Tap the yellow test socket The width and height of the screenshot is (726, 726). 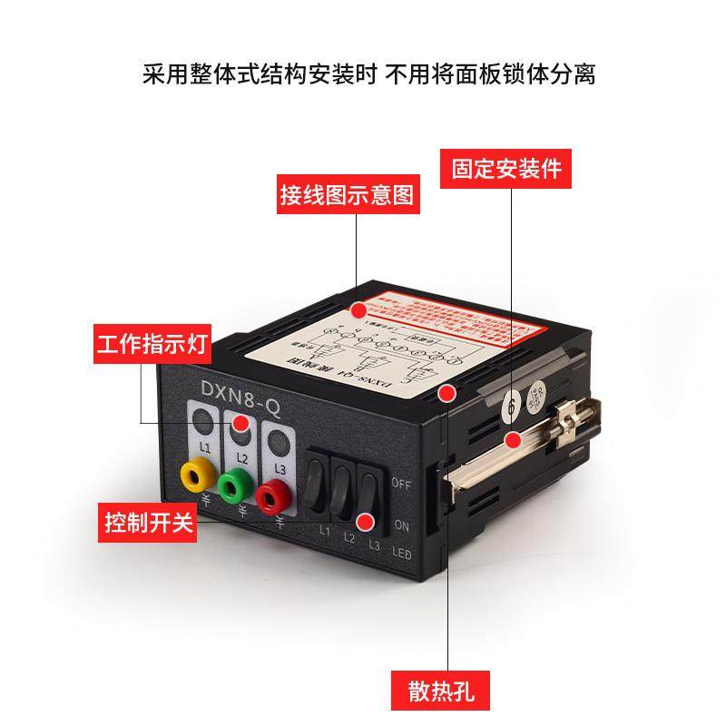tap(199, 476)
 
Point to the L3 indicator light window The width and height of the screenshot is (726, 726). tap(280, 442)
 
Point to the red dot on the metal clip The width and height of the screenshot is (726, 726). tap(513, 440)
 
